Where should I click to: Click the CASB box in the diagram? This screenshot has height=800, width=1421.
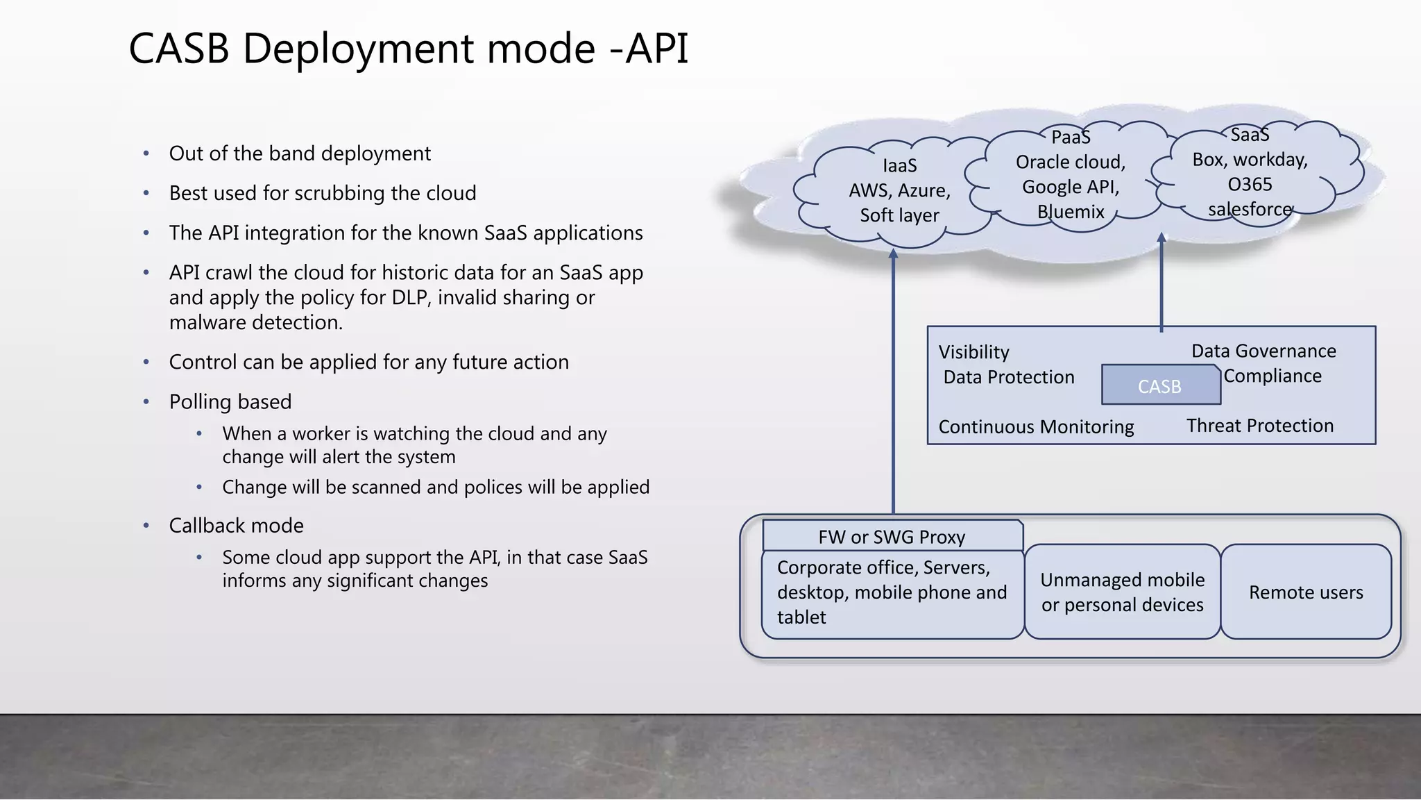point(1160,385)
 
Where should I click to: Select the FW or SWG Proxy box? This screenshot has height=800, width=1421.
point(892,537)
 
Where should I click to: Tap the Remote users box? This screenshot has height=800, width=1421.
point(1306,592)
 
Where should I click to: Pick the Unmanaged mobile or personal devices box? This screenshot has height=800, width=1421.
point(1122,592)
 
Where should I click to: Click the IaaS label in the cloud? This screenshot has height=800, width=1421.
point(899,165)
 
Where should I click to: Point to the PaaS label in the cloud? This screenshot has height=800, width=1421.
point(1071,137)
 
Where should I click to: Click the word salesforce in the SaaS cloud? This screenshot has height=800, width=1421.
point(1250,209)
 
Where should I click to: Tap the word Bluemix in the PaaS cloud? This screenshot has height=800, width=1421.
point(1071,212)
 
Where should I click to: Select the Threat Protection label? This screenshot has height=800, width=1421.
point(1259,426)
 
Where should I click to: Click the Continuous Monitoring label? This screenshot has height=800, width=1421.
point(1036,426)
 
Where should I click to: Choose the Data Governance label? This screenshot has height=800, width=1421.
point(1263,351)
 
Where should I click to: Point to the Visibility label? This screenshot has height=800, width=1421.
point(973,352)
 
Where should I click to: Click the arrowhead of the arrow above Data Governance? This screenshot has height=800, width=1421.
point(1161,238)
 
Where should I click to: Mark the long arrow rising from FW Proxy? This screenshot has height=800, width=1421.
point(893,382)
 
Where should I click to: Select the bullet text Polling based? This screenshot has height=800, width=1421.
point(230,401)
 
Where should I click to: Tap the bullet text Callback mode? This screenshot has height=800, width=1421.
point(236,525)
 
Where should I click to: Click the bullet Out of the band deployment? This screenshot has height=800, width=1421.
point(300,153)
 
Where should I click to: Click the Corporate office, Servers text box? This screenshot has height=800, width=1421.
point(892,592)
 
